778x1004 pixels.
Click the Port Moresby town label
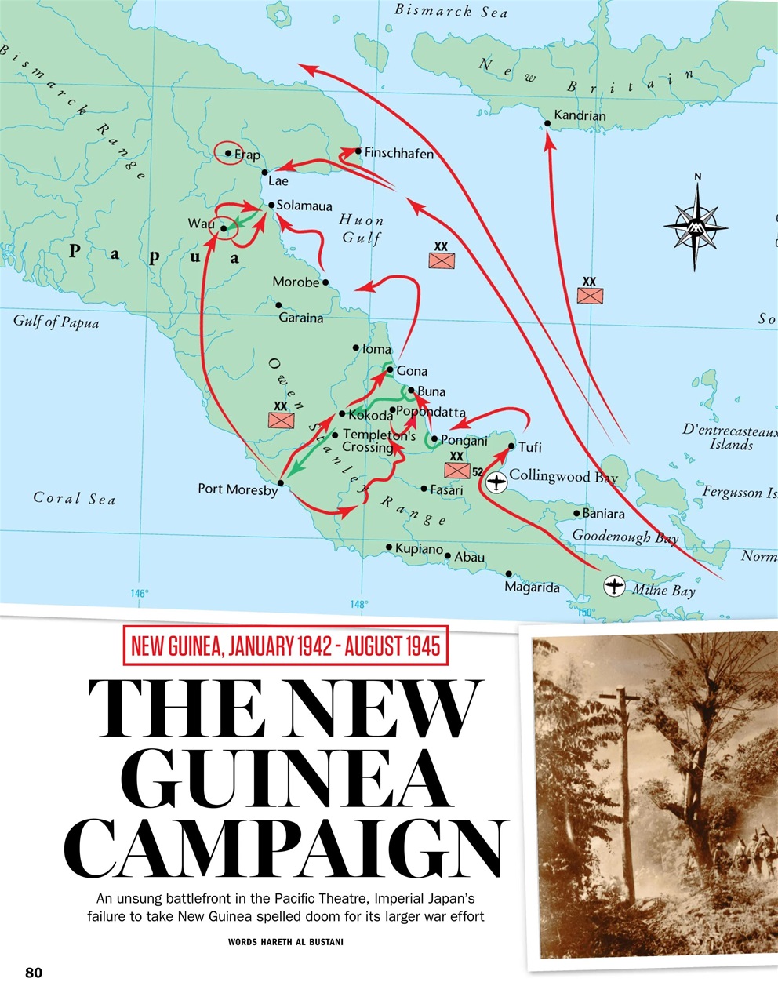[238, 489]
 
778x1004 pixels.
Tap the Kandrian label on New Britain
[580, 115]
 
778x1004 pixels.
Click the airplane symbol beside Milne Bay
[615, 585]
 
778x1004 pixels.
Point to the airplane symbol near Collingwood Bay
[496, 482]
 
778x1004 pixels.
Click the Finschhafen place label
[398, 155]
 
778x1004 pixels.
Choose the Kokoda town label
[370, 416]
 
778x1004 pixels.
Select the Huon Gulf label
[362, 229]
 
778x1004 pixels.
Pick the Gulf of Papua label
[56, 322]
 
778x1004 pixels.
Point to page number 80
[34, 973]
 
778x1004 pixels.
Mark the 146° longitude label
[140, 594]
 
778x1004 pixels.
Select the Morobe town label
[296, 282]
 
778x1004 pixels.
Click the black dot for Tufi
[511, 446]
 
